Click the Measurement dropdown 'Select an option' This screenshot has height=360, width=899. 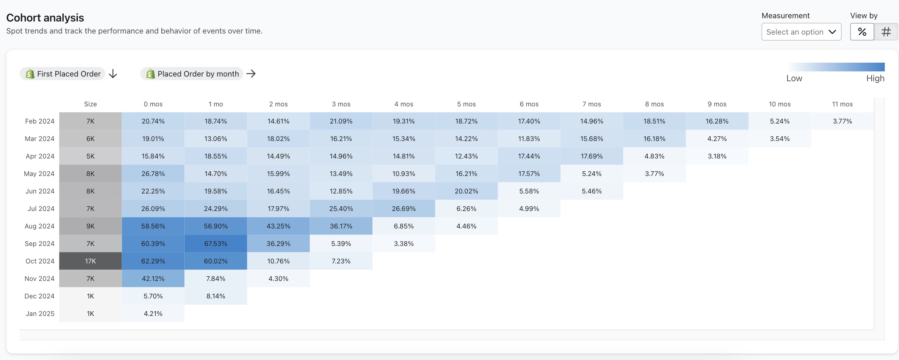pyautogui.click(x=801, y=32)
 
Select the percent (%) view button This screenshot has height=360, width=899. pyautogui.click(x=862, y=32)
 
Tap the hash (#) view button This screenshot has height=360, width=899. pyautogui.click(x=886, y=32)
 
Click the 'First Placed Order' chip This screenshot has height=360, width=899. pyautogui.click(x=63, y=74)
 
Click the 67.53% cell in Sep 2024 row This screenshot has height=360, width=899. pyautogui.click(x=216, y=243)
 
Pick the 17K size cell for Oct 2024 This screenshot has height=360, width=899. pyautogui.click(x=90, y=261)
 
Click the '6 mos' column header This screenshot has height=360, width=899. pyautogui.click(x=529, y=104)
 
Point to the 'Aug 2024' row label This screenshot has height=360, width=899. pyautogui.click(x=39, y=226)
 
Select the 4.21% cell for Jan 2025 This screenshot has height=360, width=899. pyautogui.click(x=153, y=313)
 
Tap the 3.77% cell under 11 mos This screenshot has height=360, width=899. pyautogui.click(x=842, y=121)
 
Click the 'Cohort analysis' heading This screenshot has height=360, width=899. pyautogui.click(x=45, y=18)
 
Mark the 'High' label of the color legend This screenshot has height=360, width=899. pyautogui.click(x=875, y=78)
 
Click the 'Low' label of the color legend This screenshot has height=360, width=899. pyautogui.click(x=794, y=78)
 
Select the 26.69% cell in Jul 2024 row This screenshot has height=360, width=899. pyautogui.click(x=404, y=208)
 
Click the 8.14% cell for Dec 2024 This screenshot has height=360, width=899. pyautogui.click(x=216, y=296)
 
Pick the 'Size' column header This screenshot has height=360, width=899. pyautogui.click(x=90, y=104)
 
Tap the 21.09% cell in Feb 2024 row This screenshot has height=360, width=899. pyautogui.click(x=341, y=121)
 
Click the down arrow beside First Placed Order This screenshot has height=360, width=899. pyautogui.click(x=113, y=74)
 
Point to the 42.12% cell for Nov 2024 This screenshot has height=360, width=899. pyautogui.click(x=153, y=278)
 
